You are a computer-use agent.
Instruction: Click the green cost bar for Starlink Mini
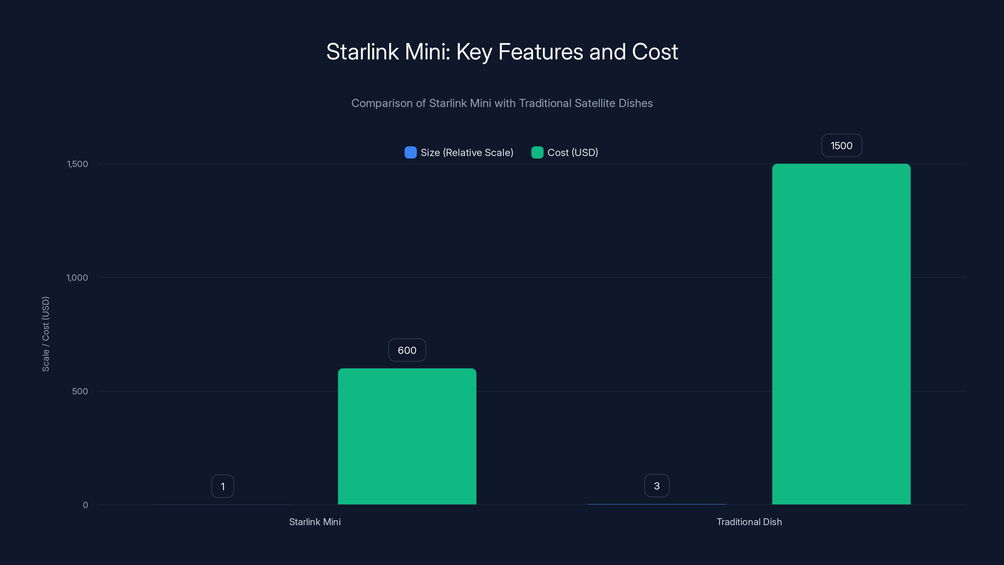click(407, 436)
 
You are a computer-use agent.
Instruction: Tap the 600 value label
click(407, 350)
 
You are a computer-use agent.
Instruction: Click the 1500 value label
click(841, 145)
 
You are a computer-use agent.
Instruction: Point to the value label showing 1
click(222, 486)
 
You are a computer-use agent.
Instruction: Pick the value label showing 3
click(657, 486)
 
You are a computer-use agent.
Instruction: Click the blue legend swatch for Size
click(410, 153)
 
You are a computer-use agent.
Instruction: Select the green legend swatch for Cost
click(537, 153)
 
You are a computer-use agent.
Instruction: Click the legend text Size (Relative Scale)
click(467, 153)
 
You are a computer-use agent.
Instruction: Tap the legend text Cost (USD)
click(573, 153)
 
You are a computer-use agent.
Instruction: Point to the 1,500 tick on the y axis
click(77, 164)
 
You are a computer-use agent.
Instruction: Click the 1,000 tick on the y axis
click(77, 277)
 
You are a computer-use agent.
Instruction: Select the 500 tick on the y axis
click(80, 391)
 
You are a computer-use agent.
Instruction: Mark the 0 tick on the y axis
click(85, 505)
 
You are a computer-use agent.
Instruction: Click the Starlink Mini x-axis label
click(314, 522)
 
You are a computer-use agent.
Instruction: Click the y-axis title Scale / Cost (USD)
click(45, 334)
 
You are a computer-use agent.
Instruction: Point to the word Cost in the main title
click(655, 52)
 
